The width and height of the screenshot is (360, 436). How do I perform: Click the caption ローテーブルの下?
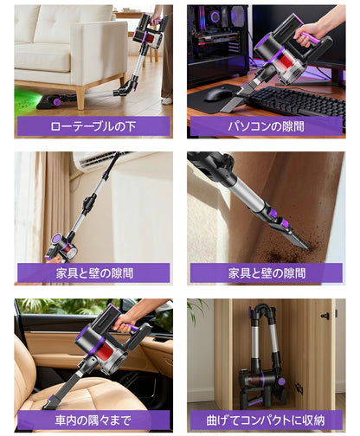pos(93,125)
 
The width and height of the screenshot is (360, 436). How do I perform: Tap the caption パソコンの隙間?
pos(266,125)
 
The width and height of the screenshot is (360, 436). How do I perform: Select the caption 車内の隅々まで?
pos(93,420)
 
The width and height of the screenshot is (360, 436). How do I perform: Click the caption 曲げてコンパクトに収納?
pos(266,420)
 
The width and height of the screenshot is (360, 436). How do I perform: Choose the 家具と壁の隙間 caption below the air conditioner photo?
pos(93,272)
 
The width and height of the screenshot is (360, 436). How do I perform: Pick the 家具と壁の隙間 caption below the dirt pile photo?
pos(266,272)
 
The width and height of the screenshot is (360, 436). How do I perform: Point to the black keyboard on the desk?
pos(294,101)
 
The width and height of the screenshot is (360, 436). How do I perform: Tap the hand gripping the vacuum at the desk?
pos(307,35)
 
